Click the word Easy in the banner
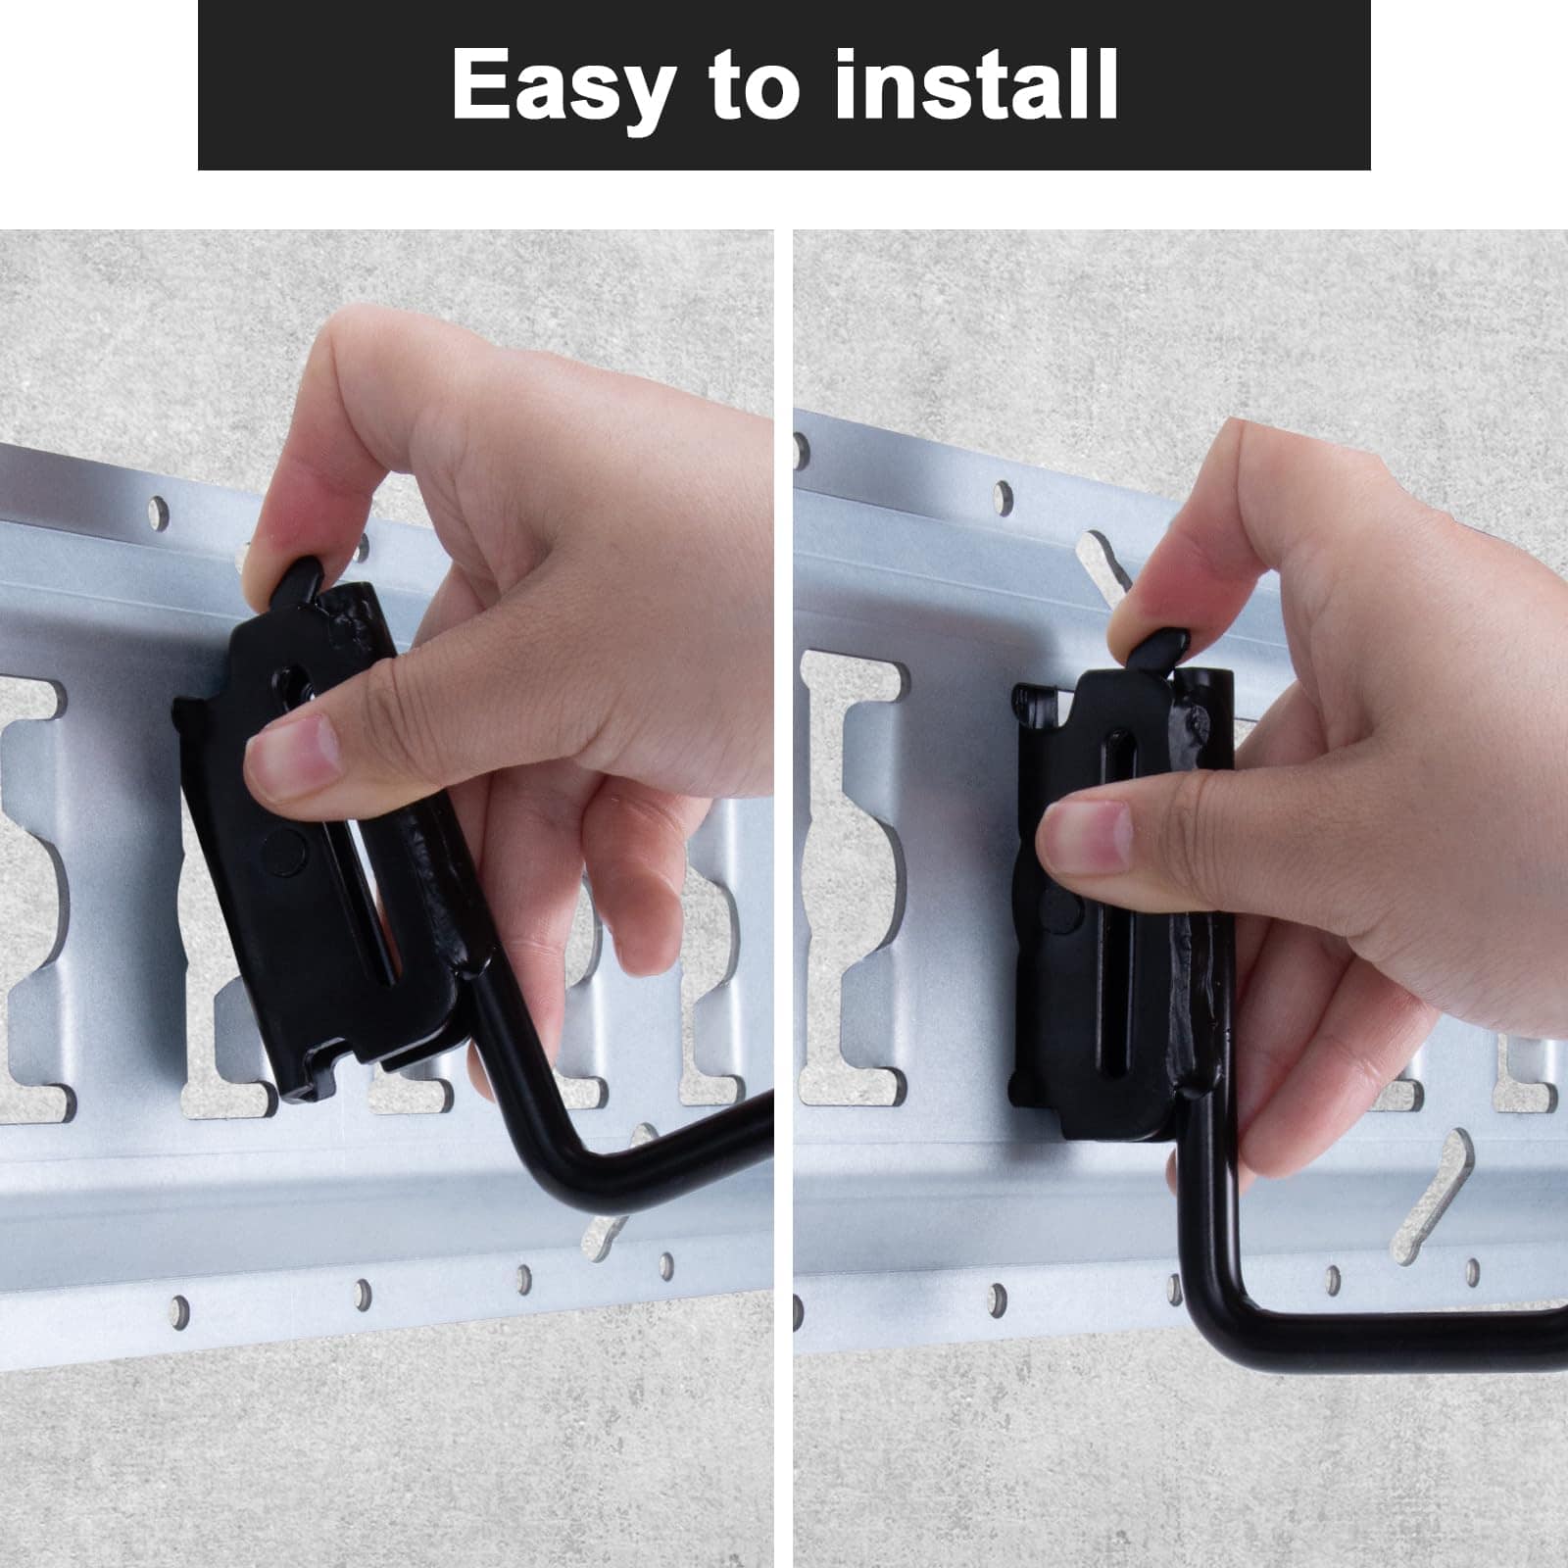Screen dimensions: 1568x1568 (x=563, y=86)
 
